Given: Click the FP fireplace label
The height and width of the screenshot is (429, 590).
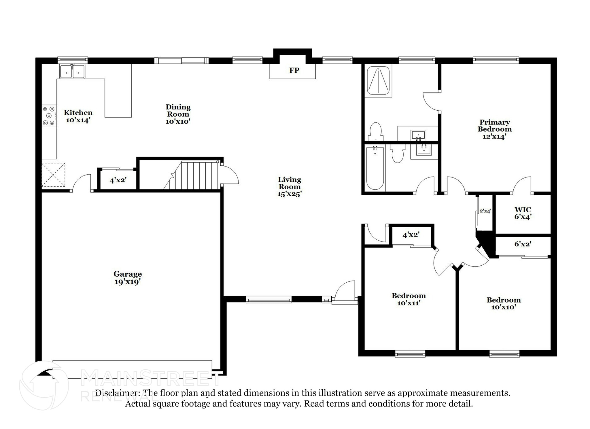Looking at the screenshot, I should (294, 71).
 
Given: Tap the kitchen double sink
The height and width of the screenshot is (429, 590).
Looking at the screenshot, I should (72, 71).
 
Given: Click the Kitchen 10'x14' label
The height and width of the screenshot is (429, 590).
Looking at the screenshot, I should (78, 116).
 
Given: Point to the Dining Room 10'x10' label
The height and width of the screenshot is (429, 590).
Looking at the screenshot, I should (178, 114).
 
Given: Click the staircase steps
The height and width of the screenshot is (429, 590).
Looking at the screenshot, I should (199, 176).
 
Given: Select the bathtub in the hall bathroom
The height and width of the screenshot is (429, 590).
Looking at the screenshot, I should (375, 168).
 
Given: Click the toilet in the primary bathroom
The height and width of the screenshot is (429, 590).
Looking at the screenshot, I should (375, 132).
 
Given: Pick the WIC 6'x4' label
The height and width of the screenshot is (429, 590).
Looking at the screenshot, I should (523, 213).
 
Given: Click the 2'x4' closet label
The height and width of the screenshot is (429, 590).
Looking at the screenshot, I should (485, 211).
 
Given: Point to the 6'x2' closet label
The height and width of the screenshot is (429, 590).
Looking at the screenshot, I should (523, 244).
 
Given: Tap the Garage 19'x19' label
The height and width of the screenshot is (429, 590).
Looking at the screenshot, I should (127, 278).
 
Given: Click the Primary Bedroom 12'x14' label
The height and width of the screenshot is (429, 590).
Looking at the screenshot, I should (494, 129).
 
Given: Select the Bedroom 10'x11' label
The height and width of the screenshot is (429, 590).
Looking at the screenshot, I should (409, 299).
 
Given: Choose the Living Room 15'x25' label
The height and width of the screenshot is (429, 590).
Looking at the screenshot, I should (289, 187).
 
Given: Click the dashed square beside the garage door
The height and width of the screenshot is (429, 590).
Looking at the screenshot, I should (53, 175).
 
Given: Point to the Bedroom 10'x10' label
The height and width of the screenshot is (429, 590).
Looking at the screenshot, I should (503, 303).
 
